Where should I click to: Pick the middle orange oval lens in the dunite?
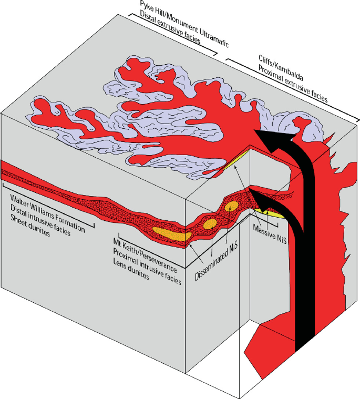click(x=210, y=224)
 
